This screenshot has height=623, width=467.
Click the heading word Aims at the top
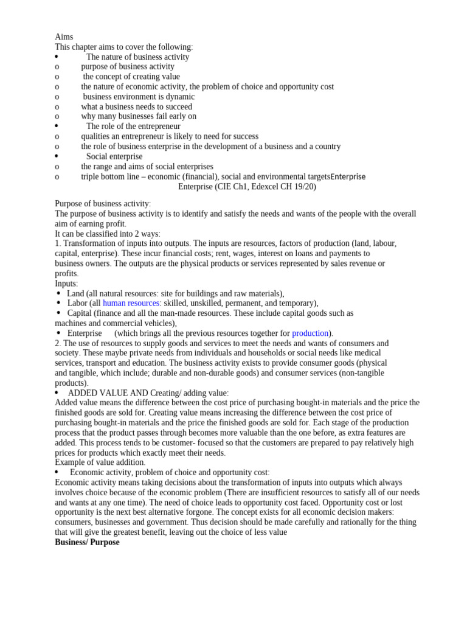[x=64, y=37]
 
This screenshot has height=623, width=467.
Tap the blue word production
[x=310, y=333]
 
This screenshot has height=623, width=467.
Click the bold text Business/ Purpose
[x=87, y=542]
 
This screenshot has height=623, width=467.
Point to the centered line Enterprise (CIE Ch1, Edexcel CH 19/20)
[x=247, y=187]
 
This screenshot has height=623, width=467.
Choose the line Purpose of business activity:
[x=103, y=203]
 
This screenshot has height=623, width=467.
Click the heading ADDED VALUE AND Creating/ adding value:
[x=148, y=393]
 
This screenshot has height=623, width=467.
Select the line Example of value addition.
[x=100, y=462]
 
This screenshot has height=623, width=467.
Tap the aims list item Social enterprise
[x=114, y=156]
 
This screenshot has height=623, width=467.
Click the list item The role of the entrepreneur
[x=133, y=127]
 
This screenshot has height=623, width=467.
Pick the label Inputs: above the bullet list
[x=66, y=284]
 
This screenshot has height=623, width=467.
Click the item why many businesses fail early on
[x=139, y=116]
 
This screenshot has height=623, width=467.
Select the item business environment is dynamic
[x=139, y=97]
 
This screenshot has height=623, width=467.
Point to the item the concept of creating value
[x=131, y=77]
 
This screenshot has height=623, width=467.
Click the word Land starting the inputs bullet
[x=76, y=293]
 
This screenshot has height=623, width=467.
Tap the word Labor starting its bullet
[x=77, y=303]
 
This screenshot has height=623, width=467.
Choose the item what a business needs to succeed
[x=136, y=106]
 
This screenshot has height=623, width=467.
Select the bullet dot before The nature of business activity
[x=57, y=57]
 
